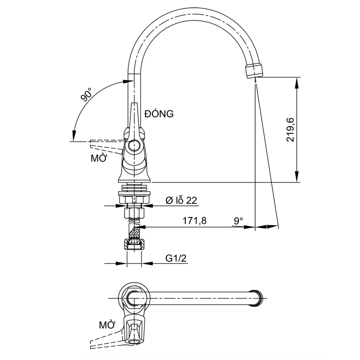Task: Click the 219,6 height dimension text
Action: tap(291, 130)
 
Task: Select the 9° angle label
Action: tap(238, 221)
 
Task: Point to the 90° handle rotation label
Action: tap(88, 94)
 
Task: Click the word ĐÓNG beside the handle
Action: tap(159, 114)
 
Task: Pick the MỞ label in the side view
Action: tap(99, 158)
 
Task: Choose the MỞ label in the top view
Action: tap(107, 324)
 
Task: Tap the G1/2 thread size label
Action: tap(176, 258)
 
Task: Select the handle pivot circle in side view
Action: tap(133, 145)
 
